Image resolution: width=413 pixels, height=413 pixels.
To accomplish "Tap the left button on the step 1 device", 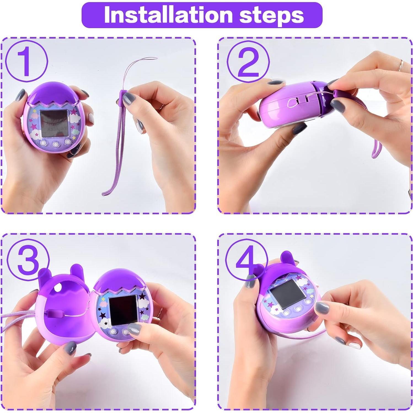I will pos(44,144).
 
